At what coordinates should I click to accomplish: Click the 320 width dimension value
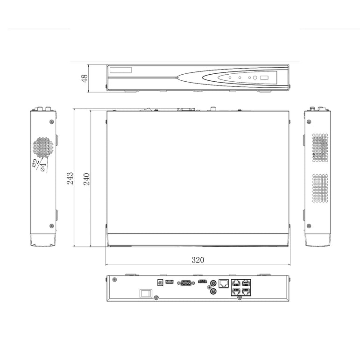click(198, 260)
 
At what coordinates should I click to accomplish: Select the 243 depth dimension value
click(70, 178)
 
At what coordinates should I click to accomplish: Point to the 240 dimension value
click(86, 179)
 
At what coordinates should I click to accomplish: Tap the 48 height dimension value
click(84, 78)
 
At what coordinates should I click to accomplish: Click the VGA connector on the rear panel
click(186, 283)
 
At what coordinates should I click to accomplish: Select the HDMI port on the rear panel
click(202, 281)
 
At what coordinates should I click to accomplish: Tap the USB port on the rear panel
click(169, 282)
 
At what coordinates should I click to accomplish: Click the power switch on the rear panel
click(146, 293)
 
